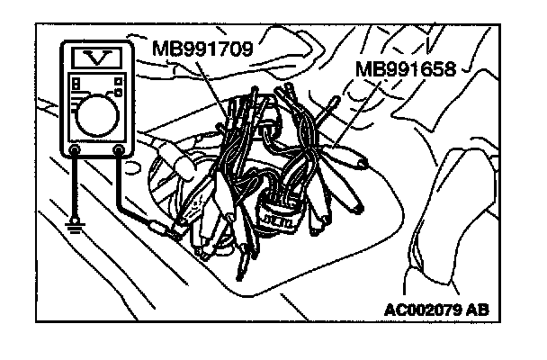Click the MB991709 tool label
coord(202,47)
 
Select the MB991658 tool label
coord(406,69)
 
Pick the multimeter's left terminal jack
coord(74,149)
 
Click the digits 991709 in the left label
coord(214,47)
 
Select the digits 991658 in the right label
coord(417,69)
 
